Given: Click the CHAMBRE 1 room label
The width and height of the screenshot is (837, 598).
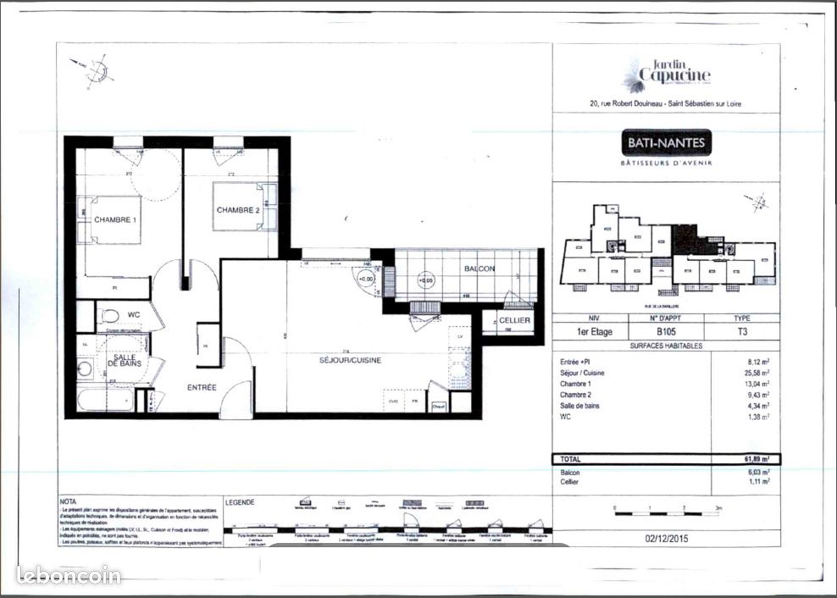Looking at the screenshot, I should click(x=114, y=219).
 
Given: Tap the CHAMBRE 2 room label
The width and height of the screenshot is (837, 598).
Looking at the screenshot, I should click(x=236, y=210).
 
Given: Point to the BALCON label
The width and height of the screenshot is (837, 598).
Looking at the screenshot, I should click(x=479, y=269).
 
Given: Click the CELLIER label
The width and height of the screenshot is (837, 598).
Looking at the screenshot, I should click(x=514, y=320).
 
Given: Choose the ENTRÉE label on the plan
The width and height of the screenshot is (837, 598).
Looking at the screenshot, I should click(x=202, y=387).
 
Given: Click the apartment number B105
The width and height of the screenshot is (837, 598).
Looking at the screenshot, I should click(x=666, y=332).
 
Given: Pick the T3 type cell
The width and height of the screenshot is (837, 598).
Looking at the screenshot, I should click(x=743, y=332).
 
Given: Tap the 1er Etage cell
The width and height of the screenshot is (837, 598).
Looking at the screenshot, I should click(x=592, y=332).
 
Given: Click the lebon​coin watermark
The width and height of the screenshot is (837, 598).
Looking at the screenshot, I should click(x=68, y=576).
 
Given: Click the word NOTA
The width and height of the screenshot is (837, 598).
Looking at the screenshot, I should click(x=69, y=501).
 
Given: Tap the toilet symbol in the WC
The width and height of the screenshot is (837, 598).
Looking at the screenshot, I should click(x=109, y=317).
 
